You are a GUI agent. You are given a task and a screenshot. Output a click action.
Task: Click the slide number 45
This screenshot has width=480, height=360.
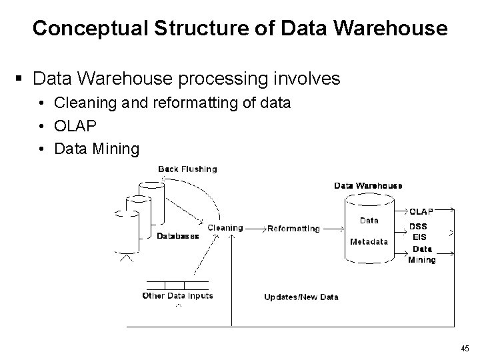(x=465, y=348)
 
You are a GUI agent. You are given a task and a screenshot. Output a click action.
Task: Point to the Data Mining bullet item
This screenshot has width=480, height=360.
(x=97, y=149)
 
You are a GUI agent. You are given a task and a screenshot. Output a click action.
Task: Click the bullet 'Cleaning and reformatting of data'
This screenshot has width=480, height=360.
(x=172, y=103)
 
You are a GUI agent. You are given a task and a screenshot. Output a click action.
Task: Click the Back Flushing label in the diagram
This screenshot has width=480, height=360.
(x=187, y=169)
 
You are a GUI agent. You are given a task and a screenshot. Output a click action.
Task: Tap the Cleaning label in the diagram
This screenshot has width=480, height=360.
(x=225, y=228)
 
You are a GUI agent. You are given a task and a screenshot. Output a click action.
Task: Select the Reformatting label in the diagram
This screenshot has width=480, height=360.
(x=293, y=229)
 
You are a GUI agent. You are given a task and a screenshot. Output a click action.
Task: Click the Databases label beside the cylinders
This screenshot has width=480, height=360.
(x=177, y=236)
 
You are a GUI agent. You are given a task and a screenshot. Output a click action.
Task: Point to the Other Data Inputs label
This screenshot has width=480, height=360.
(x=177, y=295)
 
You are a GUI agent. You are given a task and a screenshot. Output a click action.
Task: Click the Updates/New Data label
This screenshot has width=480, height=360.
(x=301, y=297)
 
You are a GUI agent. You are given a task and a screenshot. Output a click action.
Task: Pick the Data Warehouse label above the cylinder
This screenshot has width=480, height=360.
(x=368, y=185)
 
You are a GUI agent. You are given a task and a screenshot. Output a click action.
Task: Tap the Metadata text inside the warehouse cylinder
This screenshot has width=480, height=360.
(x=369, y=242)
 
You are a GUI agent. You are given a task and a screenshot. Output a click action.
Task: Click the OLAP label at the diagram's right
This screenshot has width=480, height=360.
(x=421, y=211)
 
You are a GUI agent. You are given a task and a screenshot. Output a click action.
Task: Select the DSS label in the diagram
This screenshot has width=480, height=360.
(x=418, y=226)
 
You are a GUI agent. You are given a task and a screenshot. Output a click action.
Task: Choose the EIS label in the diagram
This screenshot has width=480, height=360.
(x=419, y=237)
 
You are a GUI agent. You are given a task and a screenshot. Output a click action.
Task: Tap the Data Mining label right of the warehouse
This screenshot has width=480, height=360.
(x=421, y=255)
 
